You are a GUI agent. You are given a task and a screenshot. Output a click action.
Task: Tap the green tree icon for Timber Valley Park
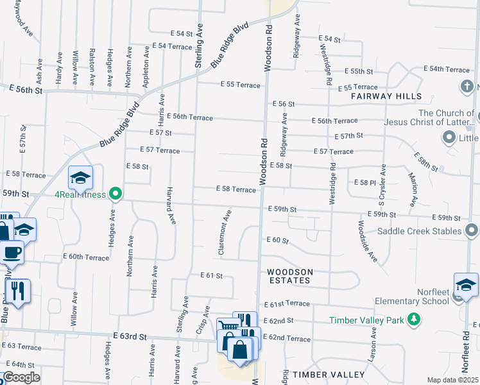[415, 319]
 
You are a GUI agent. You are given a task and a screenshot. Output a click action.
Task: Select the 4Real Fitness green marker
[116, 193]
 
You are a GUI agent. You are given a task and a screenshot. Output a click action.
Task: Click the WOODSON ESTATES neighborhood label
[289, 276]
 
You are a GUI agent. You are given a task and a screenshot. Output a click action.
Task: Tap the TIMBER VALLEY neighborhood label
[320, 374]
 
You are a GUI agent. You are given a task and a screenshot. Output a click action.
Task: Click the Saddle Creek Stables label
[419, 231]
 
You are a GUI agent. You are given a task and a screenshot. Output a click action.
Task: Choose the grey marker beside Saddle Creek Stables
[472, 230]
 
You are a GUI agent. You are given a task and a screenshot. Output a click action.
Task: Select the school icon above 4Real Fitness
[81, 178]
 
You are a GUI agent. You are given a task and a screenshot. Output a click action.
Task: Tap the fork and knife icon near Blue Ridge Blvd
[18, 291]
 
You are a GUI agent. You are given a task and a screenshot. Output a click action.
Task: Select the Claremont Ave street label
[227, 232]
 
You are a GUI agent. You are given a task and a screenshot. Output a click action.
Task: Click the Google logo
[21, 377]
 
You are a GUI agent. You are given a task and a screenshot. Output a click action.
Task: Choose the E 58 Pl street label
[364, 183]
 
